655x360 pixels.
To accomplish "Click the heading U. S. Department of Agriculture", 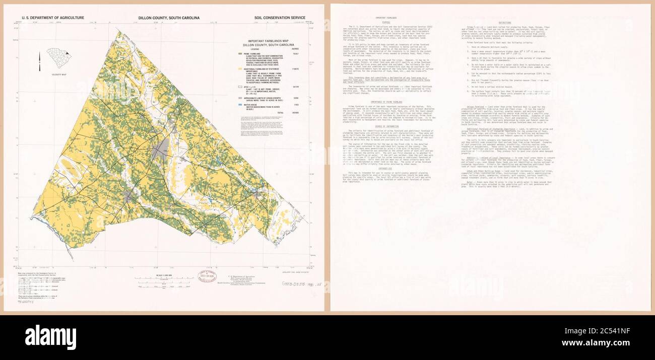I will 52,18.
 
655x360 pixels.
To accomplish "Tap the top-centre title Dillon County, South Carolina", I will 169,18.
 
